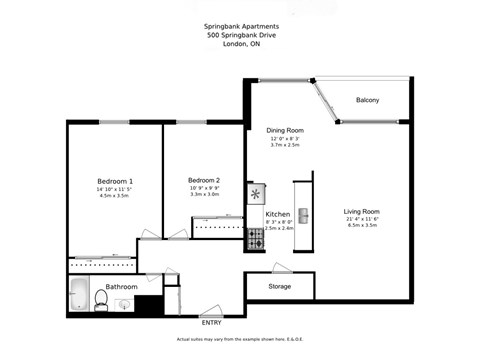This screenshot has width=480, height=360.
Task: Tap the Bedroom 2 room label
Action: click(x=203, y=180)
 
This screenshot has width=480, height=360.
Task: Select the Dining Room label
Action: click(x=284, y=130)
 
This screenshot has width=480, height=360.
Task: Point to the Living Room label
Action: click(x=362, y=211)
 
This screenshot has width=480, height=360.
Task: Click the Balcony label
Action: click(x=367, y=99)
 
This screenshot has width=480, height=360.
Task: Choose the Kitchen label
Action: click(x=278, y=215)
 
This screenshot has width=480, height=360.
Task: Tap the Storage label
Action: click(x=280, y=287)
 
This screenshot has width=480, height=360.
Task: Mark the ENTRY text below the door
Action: click(x=211, y=322)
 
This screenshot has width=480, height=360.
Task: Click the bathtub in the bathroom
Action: click(x=78, y=298)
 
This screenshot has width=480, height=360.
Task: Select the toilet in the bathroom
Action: click(x=100, y=299)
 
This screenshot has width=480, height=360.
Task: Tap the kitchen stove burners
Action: click(x=254, y=238)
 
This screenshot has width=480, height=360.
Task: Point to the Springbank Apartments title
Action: click(x=239, y=26)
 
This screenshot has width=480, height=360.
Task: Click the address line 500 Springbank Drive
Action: click(x=239, y=36)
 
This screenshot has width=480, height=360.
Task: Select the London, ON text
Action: click(x=239, y=46)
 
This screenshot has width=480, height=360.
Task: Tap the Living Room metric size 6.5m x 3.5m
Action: click(x=362, y=226)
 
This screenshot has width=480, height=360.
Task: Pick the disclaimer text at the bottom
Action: click(x=239, y=339)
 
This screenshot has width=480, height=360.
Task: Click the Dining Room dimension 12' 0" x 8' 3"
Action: click(x=284, y=138)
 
